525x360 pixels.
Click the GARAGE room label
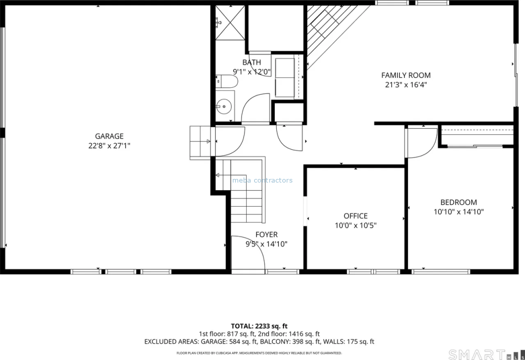(109, 136)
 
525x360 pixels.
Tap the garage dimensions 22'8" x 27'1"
(109, 146)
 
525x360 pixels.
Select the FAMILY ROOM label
(406, 75)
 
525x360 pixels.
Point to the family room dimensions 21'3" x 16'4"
(406, 85)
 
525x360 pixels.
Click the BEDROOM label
(458, 202)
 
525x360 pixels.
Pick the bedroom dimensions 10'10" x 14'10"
(458, 212)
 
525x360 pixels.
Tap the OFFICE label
(356, 216)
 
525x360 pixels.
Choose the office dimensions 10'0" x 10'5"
(356, 225)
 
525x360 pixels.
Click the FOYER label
(267, 235)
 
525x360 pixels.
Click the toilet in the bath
(227, 82)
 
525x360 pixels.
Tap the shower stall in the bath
(230, 23)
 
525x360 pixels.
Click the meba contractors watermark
(262, 181)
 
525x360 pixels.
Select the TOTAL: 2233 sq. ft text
(259, 326)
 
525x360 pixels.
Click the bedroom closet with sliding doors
(477, 136)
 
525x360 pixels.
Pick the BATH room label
(252, 62)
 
